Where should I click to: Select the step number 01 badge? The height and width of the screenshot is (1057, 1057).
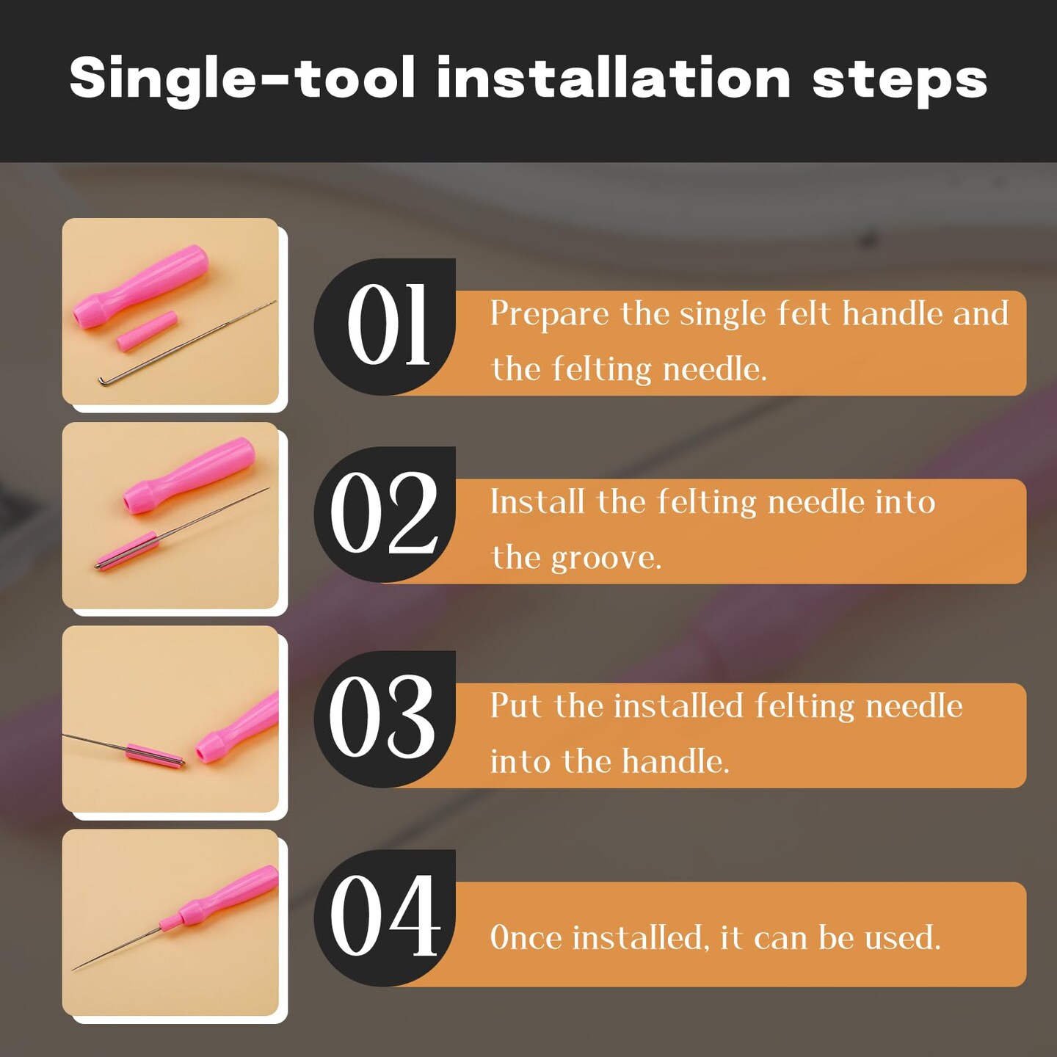point(385,326)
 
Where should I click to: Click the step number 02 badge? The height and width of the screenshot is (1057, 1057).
point(385,514)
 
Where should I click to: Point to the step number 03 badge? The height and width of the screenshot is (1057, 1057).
point(385,719)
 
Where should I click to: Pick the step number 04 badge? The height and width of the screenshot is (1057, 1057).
point(385,917)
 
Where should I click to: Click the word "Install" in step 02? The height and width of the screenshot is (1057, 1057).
point(537,502)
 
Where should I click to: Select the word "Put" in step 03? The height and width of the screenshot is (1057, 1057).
point(516,706)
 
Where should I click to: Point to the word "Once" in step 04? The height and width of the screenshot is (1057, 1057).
point(526,937)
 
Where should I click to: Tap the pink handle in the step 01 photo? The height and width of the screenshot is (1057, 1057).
point(141,286)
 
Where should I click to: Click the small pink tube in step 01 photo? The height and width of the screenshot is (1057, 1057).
point(147,331)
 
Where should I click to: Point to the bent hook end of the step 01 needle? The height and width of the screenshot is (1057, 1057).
point(102,380)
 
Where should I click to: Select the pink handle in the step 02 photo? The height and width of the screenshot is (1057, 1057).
point(189,475)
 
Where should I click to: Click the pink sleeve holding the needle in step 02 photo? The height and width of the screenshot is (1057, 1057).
point(127,551)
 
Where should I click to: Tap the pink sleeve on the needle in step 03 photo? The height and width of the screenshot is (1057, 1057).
point(155,755)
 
